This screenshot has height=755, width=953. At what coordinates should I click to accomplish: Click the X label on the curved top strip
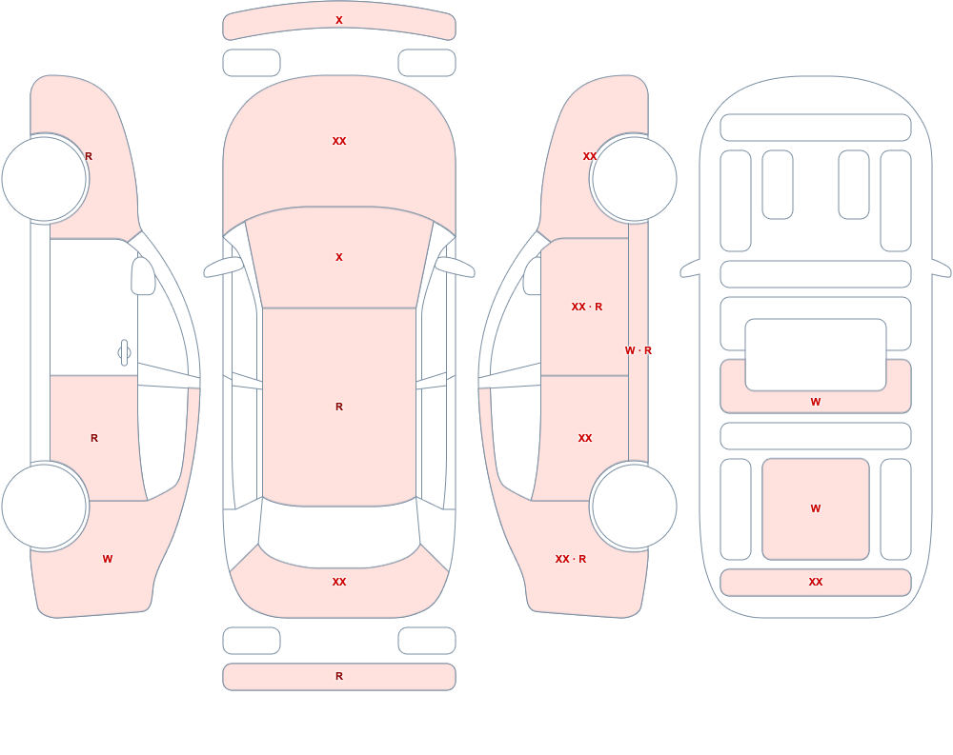point(339,20)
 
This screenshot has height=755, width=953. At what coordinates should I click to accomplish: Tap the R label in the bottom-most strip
point(339,676)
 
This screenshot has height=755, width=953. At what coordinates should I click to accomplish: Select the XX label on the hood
point(339,141)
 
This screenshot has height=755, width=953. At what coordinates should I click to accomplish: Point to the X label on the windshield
point(339,257)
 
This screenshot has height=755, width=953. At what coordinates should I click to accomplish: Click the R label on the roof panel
point(339,407)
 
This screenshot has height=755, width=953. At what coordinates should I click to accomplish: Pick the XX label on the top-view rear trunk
point(339,582)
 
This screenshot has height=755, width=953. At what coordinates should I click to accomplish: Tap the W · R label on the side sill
point(639,350)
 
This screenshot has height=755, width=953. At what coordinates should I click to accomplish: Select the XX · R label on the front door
point(586,307)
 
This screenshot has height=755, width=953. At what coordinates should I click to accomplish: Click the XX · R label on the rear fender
point(571,559)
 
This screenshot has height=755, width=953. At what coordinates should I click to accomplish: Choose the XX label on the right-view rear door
point(585,438)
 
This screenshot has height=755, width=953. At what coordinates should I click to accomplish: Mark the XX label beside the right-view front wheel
point(590,156)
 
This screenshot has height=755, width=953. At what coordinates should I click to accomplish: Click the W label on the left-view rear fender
point(108,559)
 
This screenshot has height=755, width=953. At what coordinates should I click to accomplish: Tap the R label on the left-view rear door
point(94,438)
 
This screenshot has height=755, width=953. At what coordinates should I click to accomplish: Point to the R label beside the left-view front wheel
point(89,156)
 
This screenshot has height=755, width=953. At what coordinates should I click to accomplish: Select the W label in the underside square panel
point(816,508)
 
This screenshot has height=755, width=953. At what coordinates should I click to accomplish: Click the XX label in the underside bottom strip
point(816,582)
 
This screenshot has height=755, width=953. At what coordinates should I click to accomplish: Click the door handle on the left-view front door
point(124,353)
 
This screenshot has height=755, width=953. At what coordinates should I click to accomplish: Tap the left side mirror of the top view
point(223,267)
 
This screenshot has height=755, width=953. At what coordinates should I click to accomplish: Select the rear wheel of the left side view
point(45,506)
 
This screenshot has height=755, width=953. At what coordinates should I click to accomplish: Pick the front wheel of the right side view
point(634,179)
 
